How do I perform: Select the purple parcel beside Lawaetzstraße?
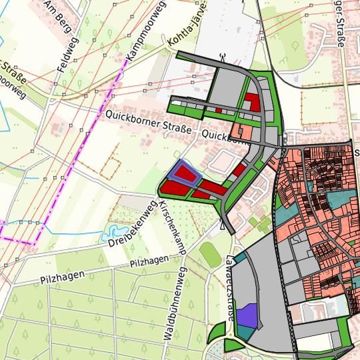[x=247, y=315]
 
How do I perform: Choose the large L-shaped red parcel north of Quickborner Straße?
[x=251, y=102]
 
